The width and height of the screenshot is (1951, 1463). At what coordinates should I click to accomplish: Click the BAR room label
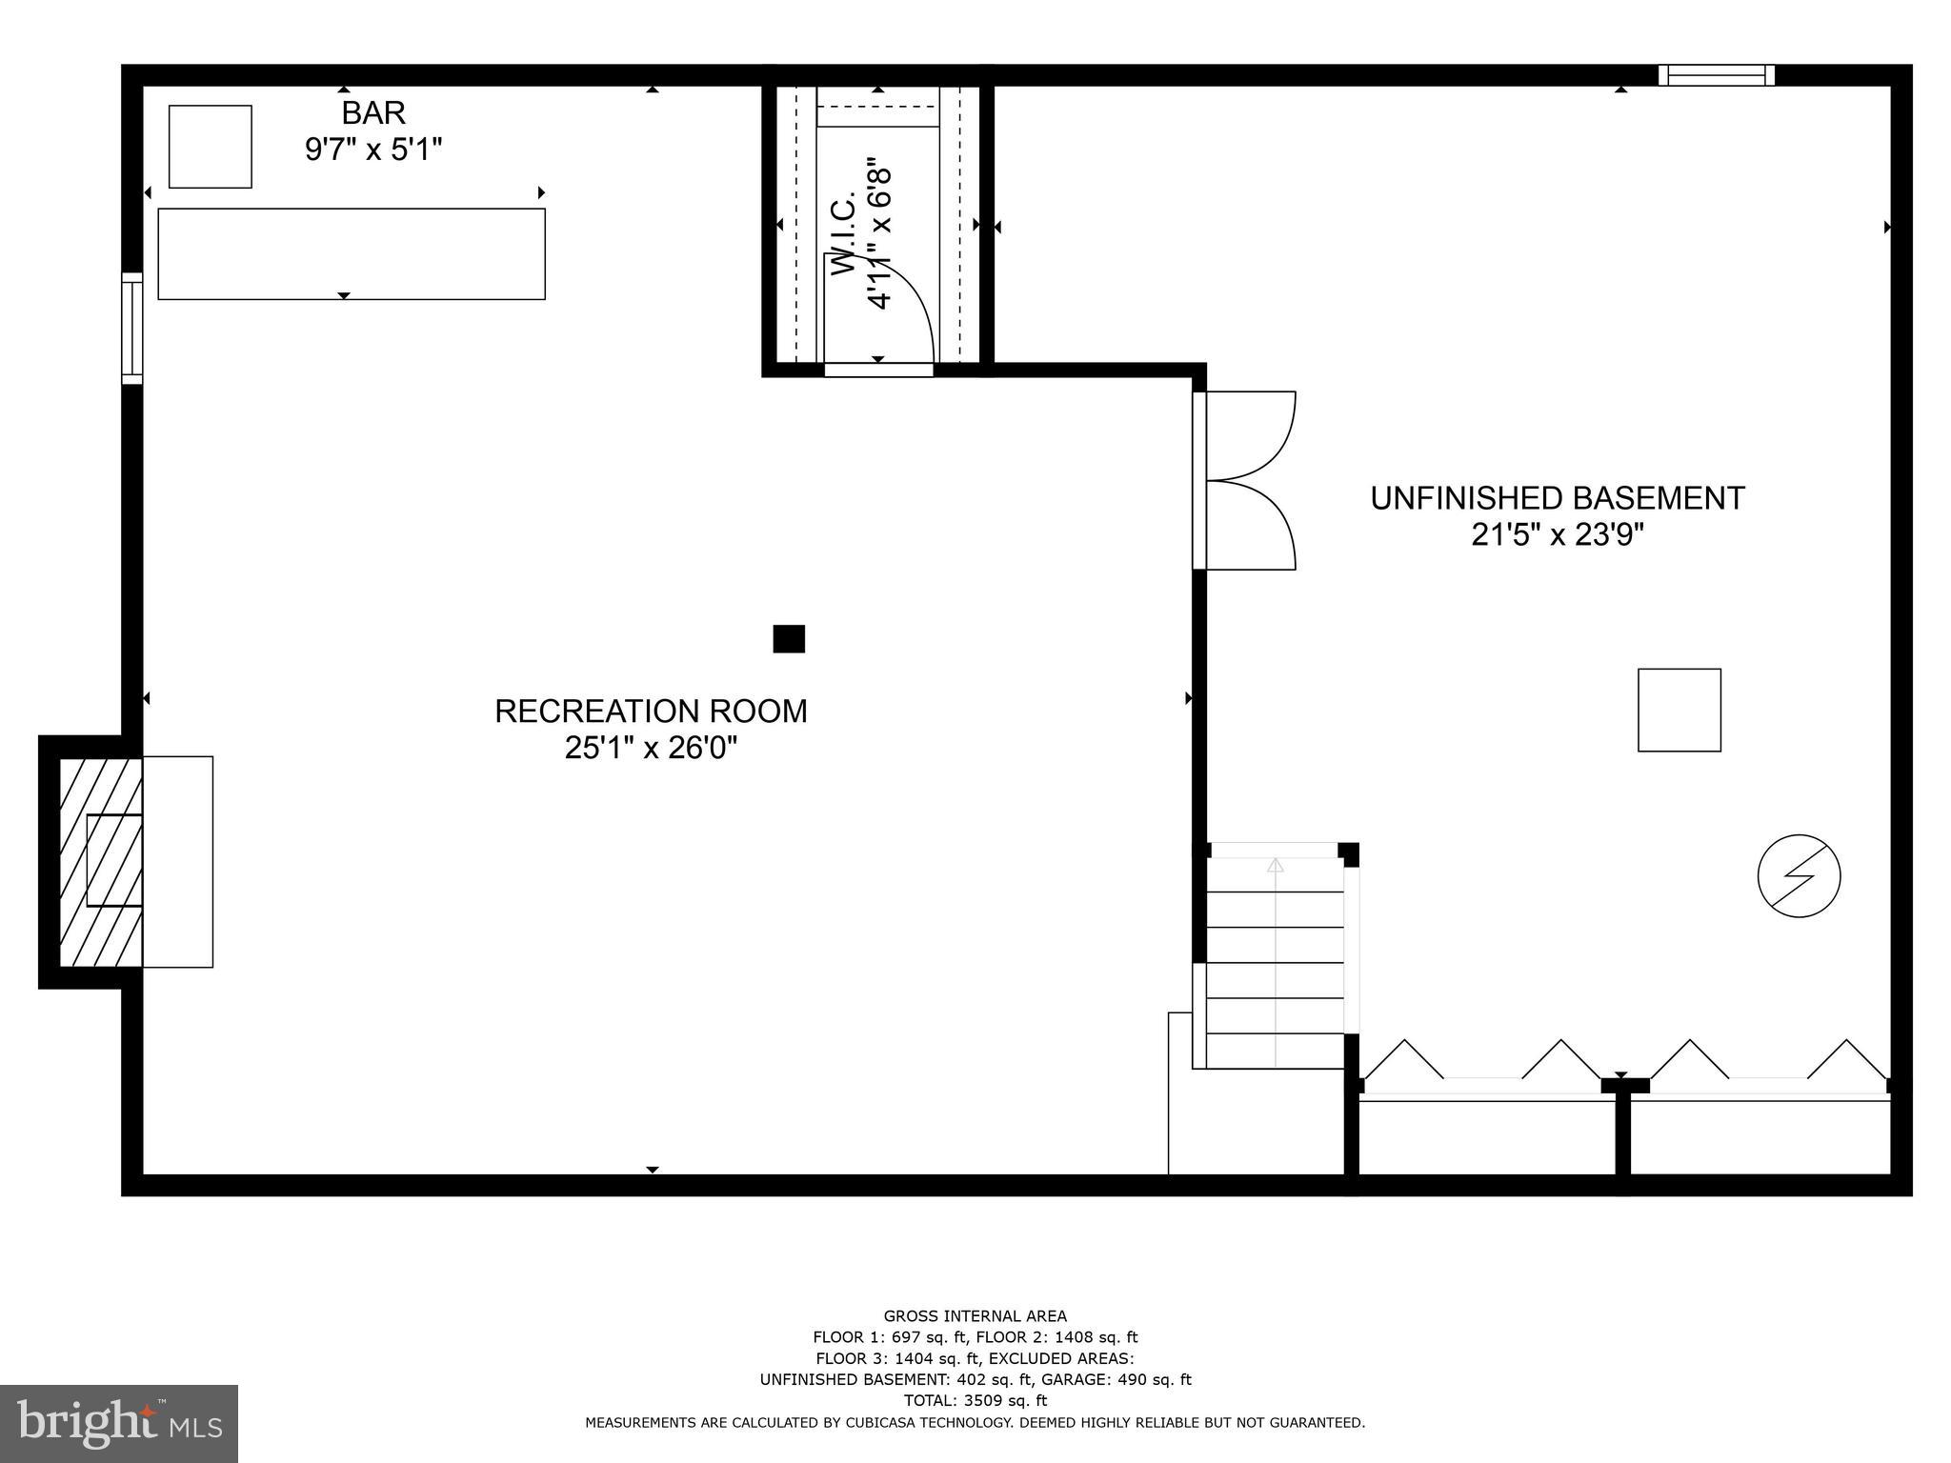pyautogui.click(x=373, y=113)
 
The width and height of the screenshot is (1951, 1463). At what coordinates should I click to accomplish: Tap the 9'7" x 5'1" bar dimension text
pyautogui.click(x=373, y=150)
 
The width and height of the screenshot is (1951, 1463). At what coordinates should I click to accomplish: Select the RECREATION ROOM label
pyautogui.click(x=651, y=711)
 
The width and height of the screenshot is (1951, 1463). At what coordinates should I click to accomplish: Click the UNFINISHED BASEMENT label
pyautogui.click(x=1557, y=498)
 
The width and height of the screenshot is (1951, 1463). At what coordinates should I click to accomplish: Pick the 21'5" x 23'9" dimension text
pyautogui.click(x=1557, y=535)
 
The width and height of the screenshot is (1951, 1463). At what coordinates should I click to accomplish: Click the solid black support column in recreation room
pyautogui.click(x=789, y=638)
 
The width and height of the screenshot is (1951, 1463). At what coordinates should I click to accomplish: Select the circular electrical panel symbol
pyautogui.click(x=1799, y=876)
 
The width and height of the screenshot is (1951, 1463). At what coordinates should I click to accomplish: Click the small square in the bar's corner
pyautogui.click(x=211, y=147)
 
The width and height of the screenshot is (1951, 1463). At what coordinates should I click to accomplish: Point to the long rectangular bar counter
pyautogui.click(x=352, y=253)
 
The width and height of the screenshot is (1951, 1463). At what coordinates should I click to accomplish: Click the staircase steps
pyautogui.click(x=1275, y=962)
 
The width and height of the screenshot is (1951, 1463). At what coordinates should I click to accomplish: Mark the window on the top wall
pyautogui.click(x=1716, y=75)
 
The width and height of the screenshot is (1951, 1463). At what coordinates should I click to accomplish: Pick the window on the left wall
pyautogui.click(x=132, y=329)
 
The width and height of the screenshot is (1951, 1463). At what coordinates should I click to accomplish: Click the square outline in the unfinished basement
pyautogui.click(x=1679, y=711)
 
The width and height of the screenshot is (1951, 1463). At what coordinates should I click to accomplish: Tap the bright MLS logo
pyautogui.click(x=119, y=1423)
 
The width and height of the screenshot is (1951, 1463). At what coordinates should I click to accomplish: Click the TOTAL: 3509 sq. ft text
pyautogui.click(x=975, y=1400)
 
